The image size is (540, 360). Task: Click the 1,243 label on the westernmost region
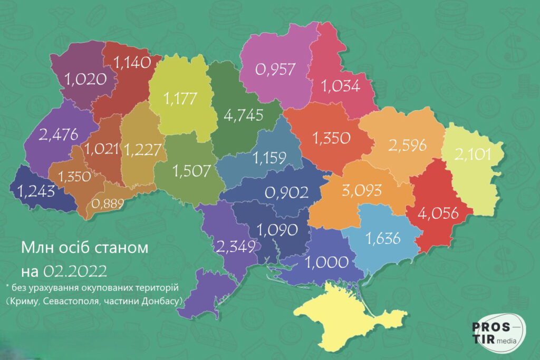(35, 190)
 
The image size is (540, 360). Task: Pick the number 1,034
(341, 85)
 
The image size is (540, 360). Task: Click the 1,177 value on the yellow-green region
(181, 98)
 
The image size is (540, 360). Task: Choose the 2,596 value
(407, 145)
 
